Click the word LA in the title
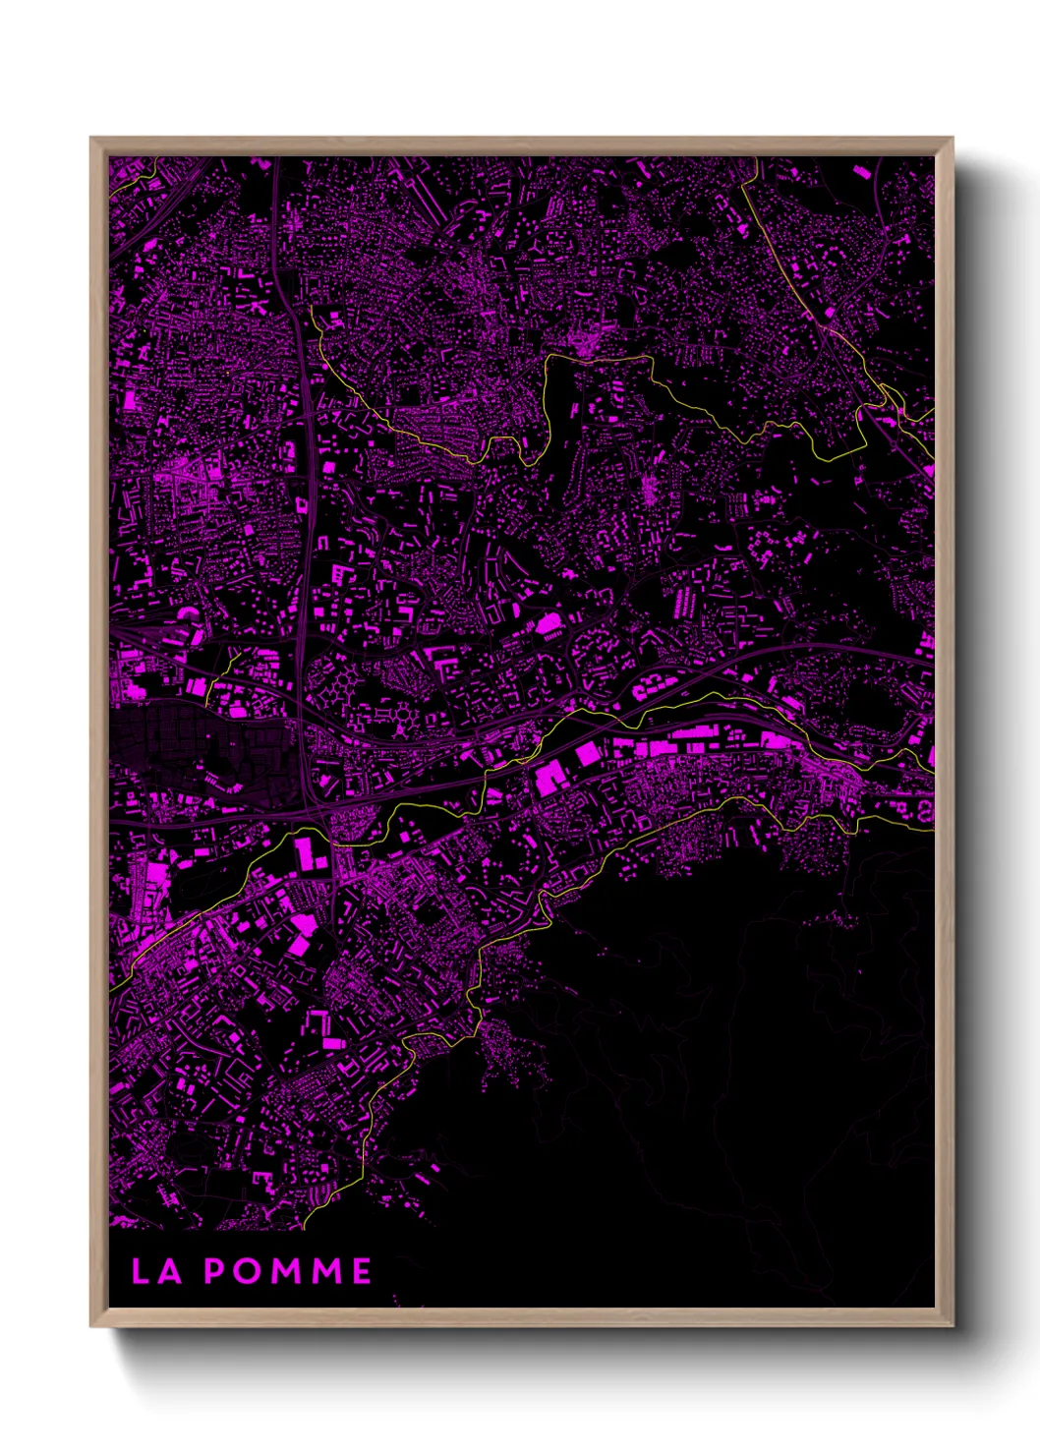[156, 1271]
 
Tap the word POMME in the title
[287, 1271]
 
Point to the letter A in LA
[169, 1271]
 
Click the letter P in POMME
[214, 1271]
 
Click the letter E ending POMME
[361, 1271]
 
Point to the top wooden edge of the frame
[521, 145]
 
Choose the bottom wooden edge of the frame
[521, 1317]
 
